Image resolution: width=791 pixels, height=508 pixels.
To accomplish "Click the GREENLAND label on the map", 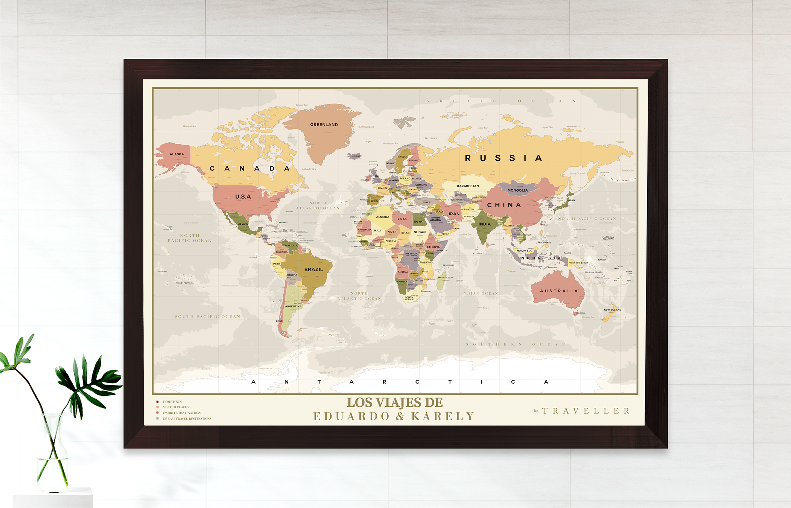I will pos(324,125).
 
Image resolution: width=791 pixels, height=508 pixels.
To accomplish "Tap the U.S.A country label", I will pos(243,196).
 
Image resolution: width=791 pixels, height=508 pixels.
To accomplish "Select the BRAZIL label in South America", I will pos(313,269).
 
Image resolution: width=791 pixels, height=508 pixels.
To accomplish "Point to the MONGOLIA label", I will pos(517,190).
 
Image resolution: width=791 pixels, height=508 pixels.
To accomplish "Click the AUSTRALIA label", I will pos(558,291).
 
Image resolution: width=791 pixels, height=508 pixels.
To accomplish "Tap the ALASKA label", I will pos(176,154).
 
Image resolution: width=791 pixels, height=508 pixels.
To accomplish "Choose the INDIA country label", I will pos(484,224).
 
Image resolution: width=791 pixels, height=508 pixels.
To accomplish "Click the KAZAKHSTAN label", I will pos(468,186).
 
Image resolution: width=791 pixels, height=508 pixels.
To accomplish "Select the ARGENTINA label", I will pos(293,306).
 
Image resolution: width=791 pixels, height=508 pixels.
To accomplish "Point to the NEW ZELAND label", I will pos(612,310).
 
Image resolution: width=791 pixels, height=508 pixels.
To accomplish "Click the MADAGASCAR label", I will pos(446,278).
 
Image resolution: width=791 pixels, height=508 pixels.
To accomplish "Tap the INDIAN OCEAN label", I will pos(479,294).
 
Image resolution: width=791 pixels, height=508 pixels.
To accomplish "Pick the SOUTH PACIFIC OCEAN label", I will pos(207,317).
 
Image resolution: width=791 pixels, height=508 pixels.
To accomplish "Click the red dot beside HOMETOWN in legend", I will pos(157,402).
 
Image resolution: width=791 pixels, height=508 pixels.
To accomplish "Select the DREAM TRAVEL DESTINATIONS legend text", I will pos(187,419).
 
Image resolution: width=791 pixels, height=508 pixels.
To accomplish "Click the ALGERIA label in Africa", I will pos(382,217).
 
